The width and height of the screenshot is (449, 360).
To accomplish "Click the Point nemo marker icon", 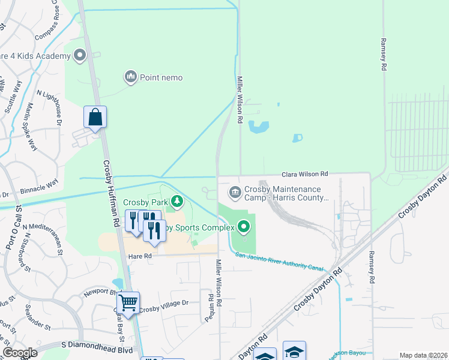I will (x=130, y=77).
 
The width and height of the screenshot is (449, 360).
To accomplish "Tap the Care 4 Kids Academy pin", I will (x=80, y=56).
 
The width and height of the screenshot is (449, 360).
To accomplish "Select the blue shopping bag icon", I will (x=95, y=116).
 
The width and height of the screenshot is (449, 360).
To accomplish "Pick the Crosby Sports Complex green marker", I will (x=244, y=227).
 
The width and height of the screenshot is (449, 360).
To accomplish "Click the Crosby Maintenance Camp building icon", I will (x=235, y=192).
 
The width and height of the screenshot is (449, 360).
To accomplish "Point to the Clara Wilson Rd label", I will (x=306, y=174).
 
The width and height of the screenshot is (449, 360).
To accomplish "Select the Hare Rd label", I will (x=139, y=256).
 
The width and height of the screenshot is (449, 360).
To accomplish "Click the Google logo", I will (x=20, y=353).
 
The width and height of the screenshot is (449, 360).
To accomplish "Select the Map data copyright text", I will (x=423, y=355).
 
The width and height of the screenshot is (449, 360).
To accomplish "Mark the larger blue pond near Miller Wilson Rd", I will (x=259, y=127).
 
